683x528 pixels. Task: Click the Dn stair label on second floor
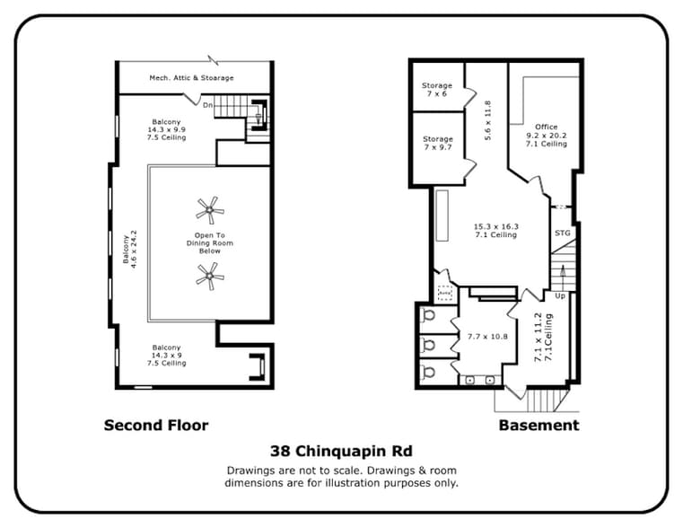tap(207, 105)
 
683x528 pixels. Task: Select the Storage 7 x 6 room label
tap(437, 90)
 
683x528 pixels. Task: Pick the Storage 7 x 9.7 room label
tap(438, 144)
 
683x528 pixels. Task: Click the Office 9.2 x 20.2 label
tap(546, 136)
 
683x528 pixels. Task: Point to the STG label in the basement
tap(562, 233)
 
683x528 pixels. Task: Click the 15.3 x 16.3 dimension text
tap(496, 231)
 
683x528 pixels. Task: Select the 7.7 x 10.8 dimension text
tap(487, 337)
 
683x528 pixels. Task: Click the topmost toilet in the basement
tap(428, 315)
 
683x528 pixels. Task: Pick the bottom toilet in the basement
tap(428, 372)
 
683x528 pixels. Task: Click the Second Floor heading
tap(156, 425)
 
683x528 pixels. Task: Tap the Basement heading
tap(539, 425)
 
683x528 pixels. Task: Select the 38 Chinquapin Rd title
tap(342, 452)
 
